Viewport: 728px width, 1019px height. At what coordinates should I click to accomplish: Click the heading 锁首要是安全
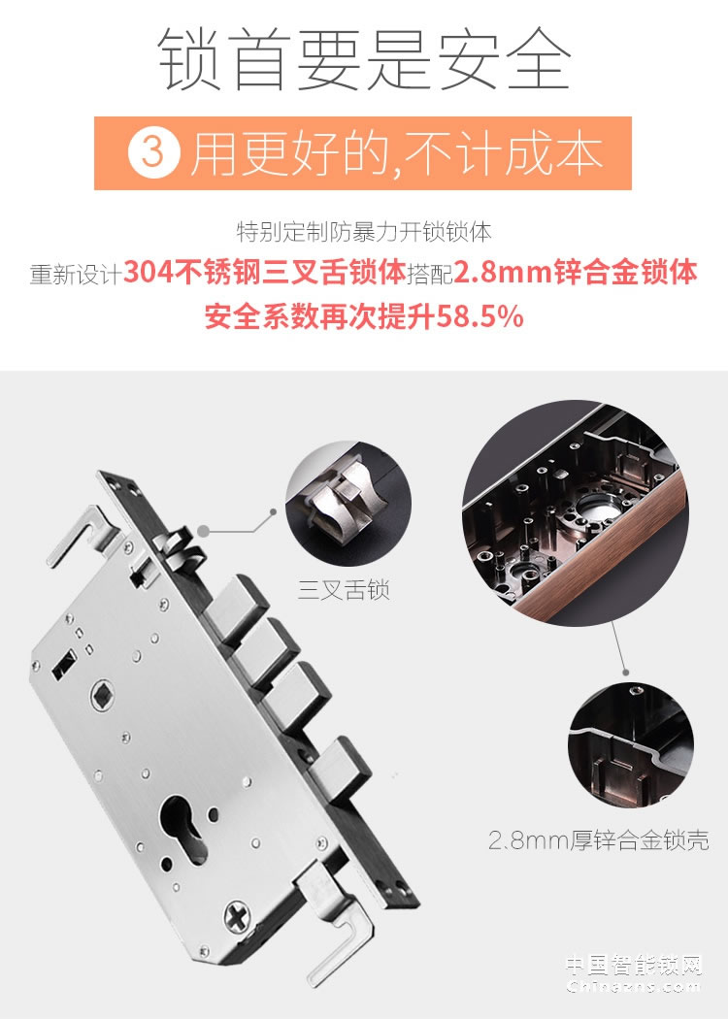click(364, 60)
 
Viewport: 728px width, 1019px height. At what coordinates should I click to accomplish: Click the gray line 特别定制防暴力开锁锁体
click(364, 233)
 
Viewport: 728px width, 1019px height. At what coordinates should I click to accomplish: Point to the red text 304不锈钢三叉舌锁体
click(265, 274)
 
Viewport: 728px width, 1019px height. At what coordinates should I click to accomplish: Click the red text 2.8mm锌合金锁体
click(576, 274)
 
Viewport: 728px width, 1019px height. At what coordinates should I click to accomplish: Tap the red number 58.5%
click(480, 316)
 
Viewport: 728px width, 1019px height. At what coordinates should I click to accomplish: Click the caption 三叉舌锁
click(344, 589)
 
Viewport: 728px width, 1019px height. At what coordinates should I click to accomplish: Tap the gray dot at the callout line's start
click(205, 530)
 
